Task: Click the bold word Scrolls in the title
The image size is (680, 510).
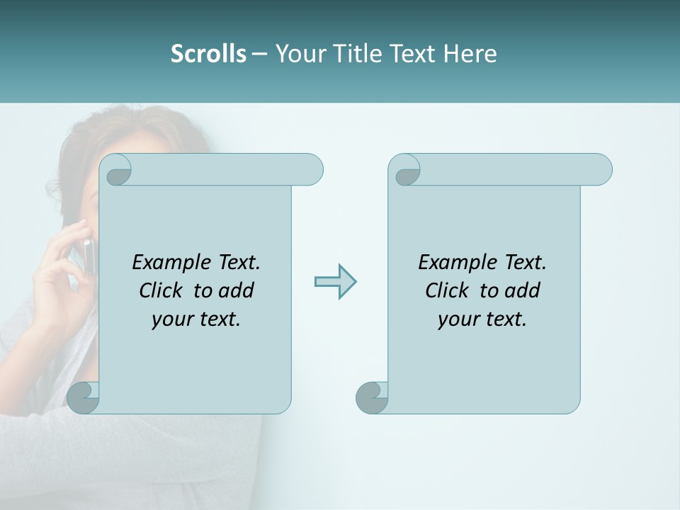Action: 208,54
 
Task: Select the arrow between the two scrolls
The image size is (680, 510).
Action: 335,282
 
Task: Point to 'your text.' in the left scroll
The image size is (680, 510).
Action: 195,319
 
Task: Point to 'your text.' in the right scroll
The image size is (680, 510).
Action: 482,319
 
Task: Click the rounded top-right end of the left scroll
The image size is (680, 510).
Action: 312,169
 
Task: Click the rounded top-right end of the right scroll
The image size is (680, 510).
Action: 601,169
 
